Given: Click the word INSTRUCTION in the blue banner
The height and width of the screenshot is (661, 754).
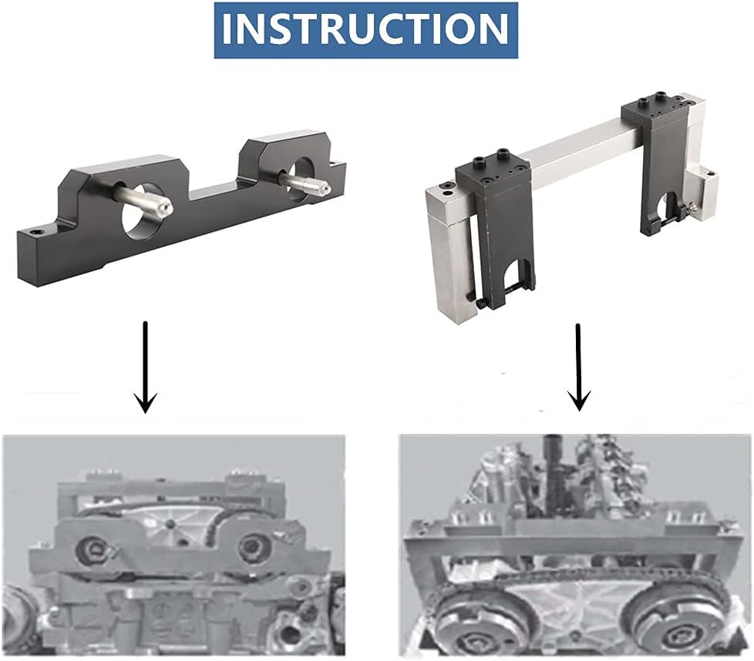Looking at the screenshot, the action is pos(365,29).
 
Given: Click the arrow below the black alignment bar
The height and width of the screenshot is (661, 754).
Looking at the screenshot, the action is pos(145,367).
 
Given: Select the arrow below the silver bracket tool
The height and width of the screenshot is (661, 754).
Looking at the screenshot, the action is pos(578,367).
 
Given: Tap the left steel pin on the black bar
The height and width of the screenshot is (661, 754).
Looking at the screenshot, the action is pos(143,199).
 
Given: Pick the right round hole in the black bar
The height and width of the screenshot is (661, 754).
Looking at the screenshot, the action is pos(303,178).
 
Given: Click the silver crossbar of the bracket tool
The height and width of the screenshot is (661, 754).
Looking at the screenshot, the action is pos(577,144).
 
